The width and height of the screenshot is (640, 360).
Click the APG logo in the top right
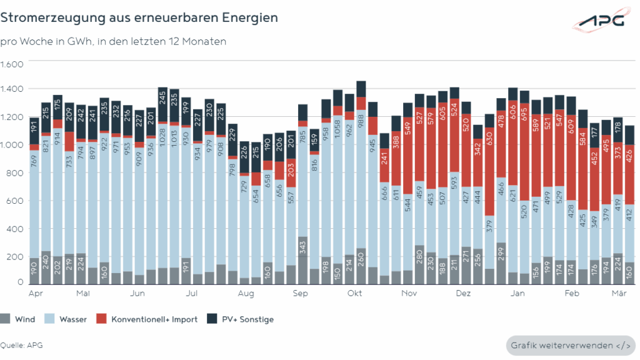pyautogui.click(x=599, y=21)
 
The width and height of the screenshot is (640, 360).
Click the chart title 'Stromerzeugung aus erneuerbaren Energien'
pyautogui.click(x=139, y=17)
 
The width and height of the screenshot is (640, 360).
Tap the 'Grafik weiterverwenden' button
pyautogui.click(x=570, y=346)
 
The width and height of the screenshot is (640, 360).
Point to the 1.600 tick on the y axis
pyautogui.click(x=12, y=64)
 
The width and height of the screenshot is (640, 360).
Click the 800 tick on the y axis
pyautogui.click(x=15, y=173)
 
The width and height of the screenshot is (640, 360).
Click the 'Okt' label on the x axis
pyautogui.click(x=355, y=293)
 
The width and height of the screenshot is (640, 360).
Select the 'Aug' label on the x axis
pyautogui.click(x=246, y=293)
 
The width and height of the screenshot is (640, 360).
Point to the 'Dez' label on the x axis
pyautogui.click(x=463, y=293)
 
